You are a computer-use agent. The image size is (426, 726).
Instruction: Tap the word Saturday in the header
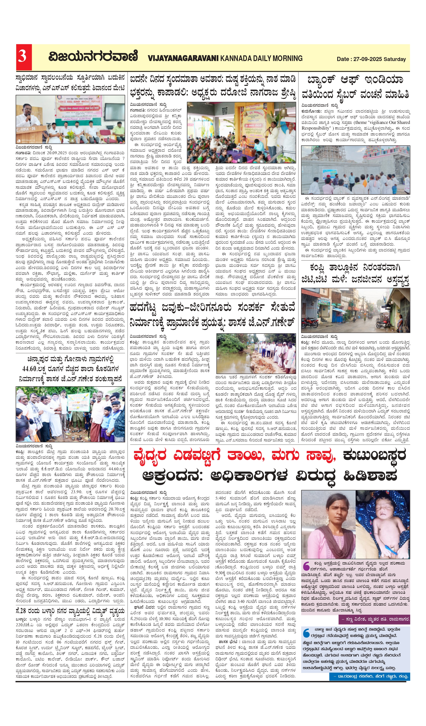click(x=395, y=59)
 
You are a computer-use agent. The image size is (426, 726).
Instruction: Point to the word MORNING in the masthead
click(x=287, y=59)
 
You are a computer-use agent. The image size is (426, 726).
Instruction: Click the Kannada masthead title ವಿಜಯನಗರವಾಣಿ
click(x=93, y=56)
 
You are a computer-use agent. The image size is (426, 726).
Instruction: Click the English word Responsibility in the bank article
click(x=316, y=128)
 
